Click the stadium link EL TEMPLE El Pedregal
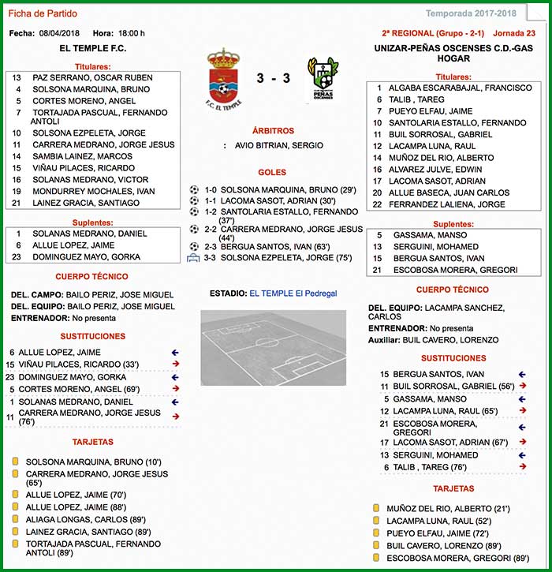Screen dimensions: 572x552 [293, 293]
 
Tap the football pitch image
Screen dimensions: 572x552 [273, 347]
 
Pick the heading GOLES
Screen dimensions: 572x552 [272, 173]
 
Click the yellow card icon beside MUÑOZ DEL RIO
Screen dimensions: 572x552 [376, 509]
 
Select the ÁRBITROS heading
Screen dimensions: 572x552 [273, 130]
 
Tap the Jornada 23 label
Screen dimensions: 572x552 [514, 33]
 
